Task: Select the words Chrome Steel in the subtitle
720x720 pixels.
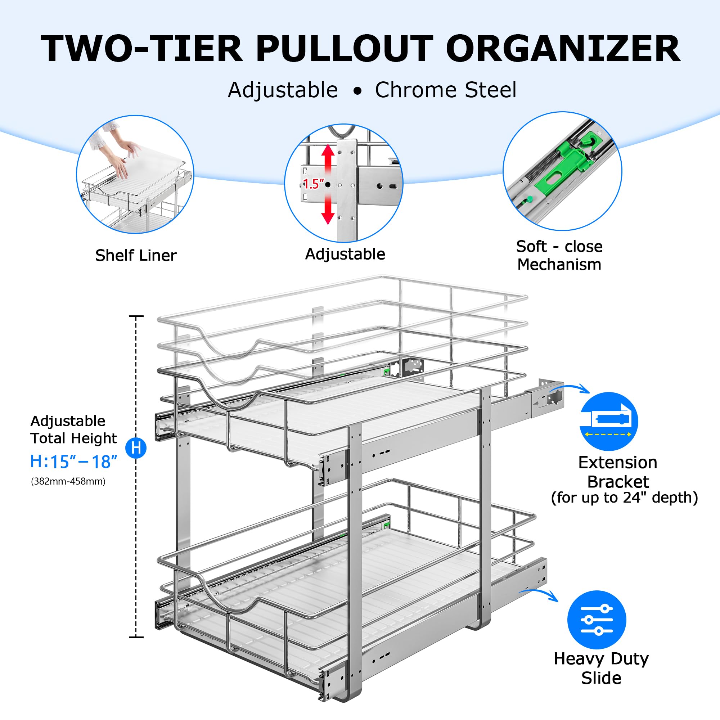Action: [445, 90]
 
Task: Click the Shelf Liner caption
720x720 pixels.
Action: [136, 256]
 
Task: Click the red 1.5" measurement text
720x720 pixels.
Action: [314, 184]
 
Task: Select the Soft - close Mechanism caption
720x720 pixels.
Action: [559, 255]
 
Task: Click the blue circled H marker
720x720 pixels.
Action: [136, 447]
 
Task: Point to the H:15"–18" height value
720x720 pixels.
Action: [74, 462]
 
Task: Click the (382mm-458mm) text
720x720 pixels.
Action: [68, 481]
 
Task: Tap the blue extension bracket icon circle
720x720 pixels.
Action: [609, 422]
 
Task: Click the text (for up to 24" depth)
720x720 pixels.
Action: [624, 498]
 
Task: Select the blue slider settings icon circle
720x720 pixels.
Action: [597, 620]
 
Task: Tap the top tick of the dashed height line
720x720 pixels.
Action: [136, 316]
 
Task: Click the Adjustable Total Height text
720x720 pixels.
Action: [73, 430]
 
